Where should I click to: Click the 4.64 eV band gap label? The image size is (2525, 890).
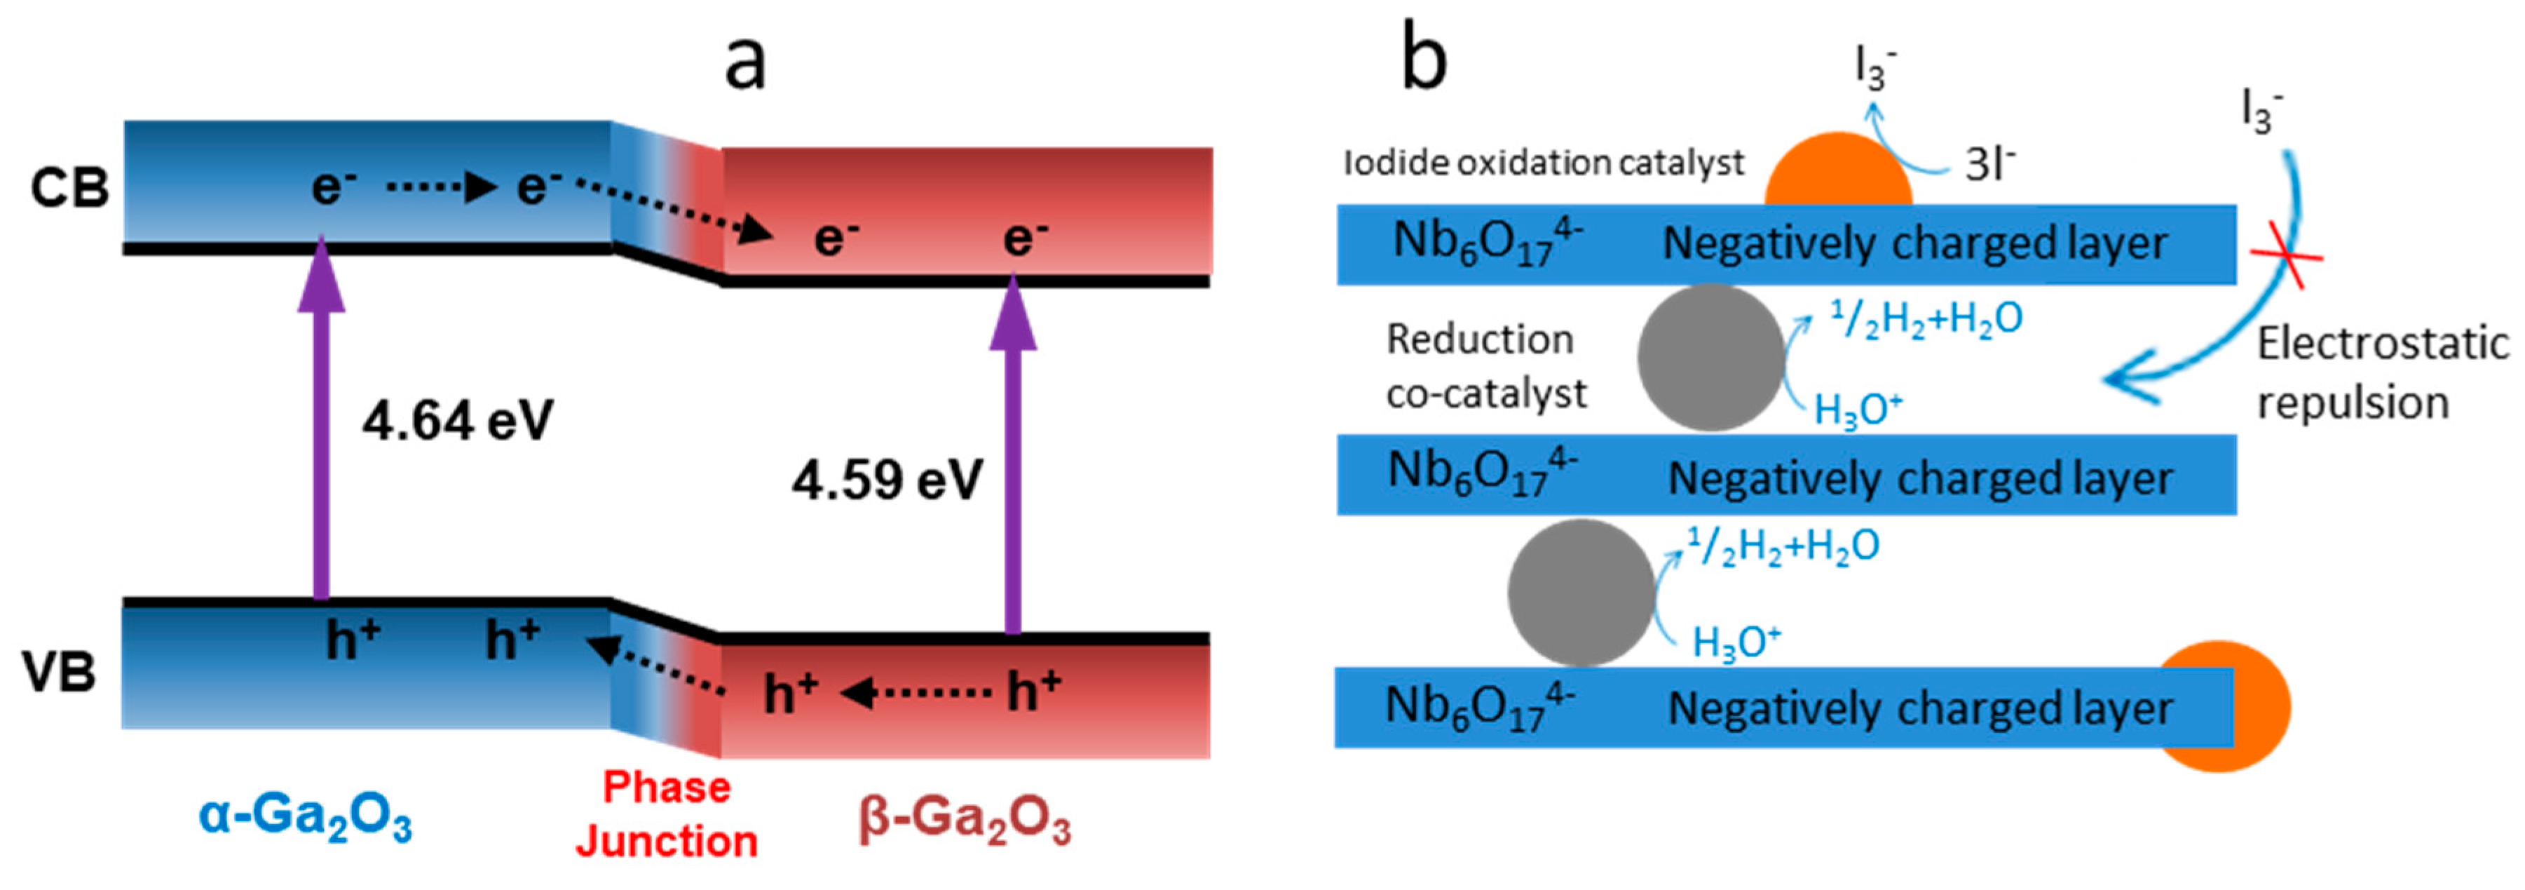pos(458,422)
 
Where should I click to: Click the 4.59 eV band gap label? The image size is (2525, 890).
pos(887,481)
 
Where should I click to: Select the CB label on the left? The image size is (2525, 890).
pos(69,188)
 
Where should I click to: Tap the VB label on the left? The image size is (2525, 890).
pos(60,673)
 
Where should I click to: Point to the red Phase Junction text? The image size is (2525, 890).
pos(667,814)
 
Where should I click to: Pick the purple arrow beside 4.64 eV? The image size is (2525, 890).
pos(322,422)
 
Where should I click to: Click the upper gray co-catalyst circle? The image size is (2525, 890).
pos(1711,358)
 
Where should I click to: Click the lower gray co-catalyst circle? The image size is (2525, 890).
pos(1581,593)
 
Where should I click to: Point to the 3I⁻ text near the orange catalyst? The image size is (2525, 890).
pos(1990,165)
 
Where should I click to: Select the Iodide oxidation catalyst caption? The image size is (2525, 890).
pos(1543,163)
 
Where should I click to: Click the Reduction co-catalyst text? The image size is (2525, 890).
pos(1485,365)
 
